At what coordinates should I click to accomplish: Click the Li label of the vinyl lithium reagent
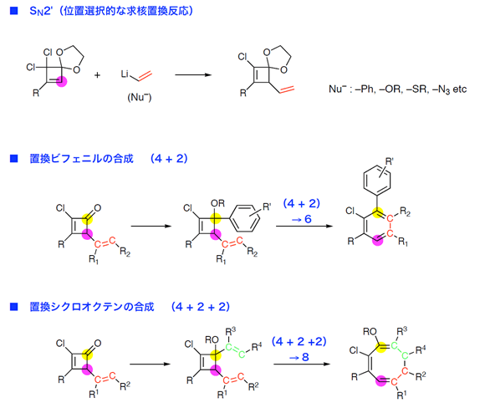[x=125, y=74]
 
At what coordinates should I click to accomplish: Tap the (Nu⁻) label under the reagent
[x=140, y=98]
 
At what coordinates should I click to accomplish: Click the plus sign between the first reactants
[x=97, y=75]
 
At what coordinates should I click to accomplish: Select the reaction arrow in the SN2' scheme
[x=193, y=75]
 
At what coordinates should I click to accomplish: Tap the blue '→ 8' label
[x=299, y=357]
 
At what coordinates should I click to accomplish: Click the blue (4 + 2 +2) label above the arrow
[x=299, y=341]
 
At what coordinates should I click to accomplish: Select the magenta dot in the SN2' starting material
[x=62, y=81]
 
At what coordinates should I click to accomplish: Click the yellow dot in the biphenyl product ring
[x=378, y=212]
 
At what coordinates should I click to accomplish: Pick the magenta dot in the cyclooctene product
[x=381, y=381]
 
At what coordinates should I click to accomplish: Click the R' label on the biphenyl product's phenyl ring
[x=389, y=161]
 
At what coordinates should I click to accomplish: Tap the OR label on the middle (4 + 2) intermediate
[x=217, y=203]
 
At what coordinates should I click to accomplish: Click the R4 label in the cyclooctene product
[x=421, y=349]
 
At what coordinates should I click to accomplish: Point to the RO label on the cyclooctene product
[x=370, y=332]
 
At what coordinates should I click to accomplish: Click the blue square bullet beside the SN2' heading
[x=14, y=11]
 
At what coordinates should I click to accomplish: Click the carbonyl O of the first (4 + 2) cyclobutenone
[x=97, y=208]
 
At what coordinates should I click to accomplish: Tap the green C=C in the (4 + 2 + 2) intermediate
[x=235, y=351]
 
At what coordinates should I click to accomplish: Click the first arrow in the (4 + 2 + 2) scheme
[x=150, y=364]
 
